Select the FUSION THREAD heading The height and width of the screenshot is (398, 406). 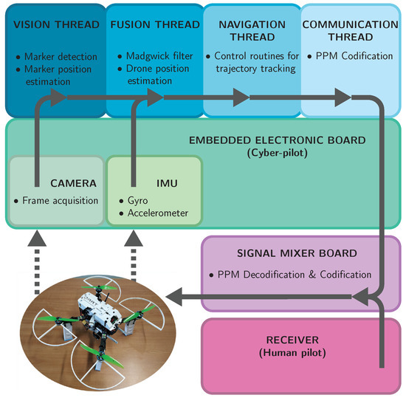[151, 24]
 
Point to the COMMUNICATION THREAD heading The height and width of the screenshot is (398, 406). [350, 30]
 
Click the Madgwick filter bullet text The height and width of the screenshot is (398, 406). [156, 56]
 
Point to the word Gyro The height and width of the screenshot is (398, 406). [136, 201]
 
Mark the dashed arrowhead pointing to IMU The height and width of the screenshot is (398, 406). [134, 239]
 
